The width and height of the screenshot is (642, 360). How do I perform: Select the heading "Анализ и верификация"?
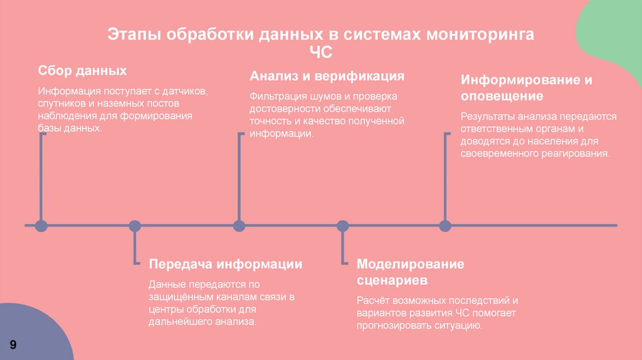[327, 77]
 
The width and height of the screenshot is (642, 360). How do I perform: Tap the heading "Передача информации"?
[225, 264]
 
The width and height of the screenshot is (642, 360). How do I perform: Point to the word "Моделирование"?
[410, 264]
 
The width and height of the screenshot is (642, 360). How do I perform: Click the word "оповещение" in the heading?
[502, 97]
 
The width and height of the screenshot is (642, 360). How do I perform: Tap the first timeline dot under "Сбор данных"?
[41, 225]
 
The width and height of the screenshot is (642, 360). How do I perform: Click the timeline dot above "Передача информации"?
[134, 225]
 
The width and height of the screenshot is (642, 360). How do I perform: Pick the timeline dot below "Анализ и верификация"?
[238, 225]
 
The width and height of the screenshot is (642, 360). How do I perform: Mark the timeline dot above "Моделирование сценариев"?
[342, 225]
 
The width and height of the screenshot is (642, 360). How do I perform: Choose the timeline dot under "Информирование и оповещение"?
[445, 225]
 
